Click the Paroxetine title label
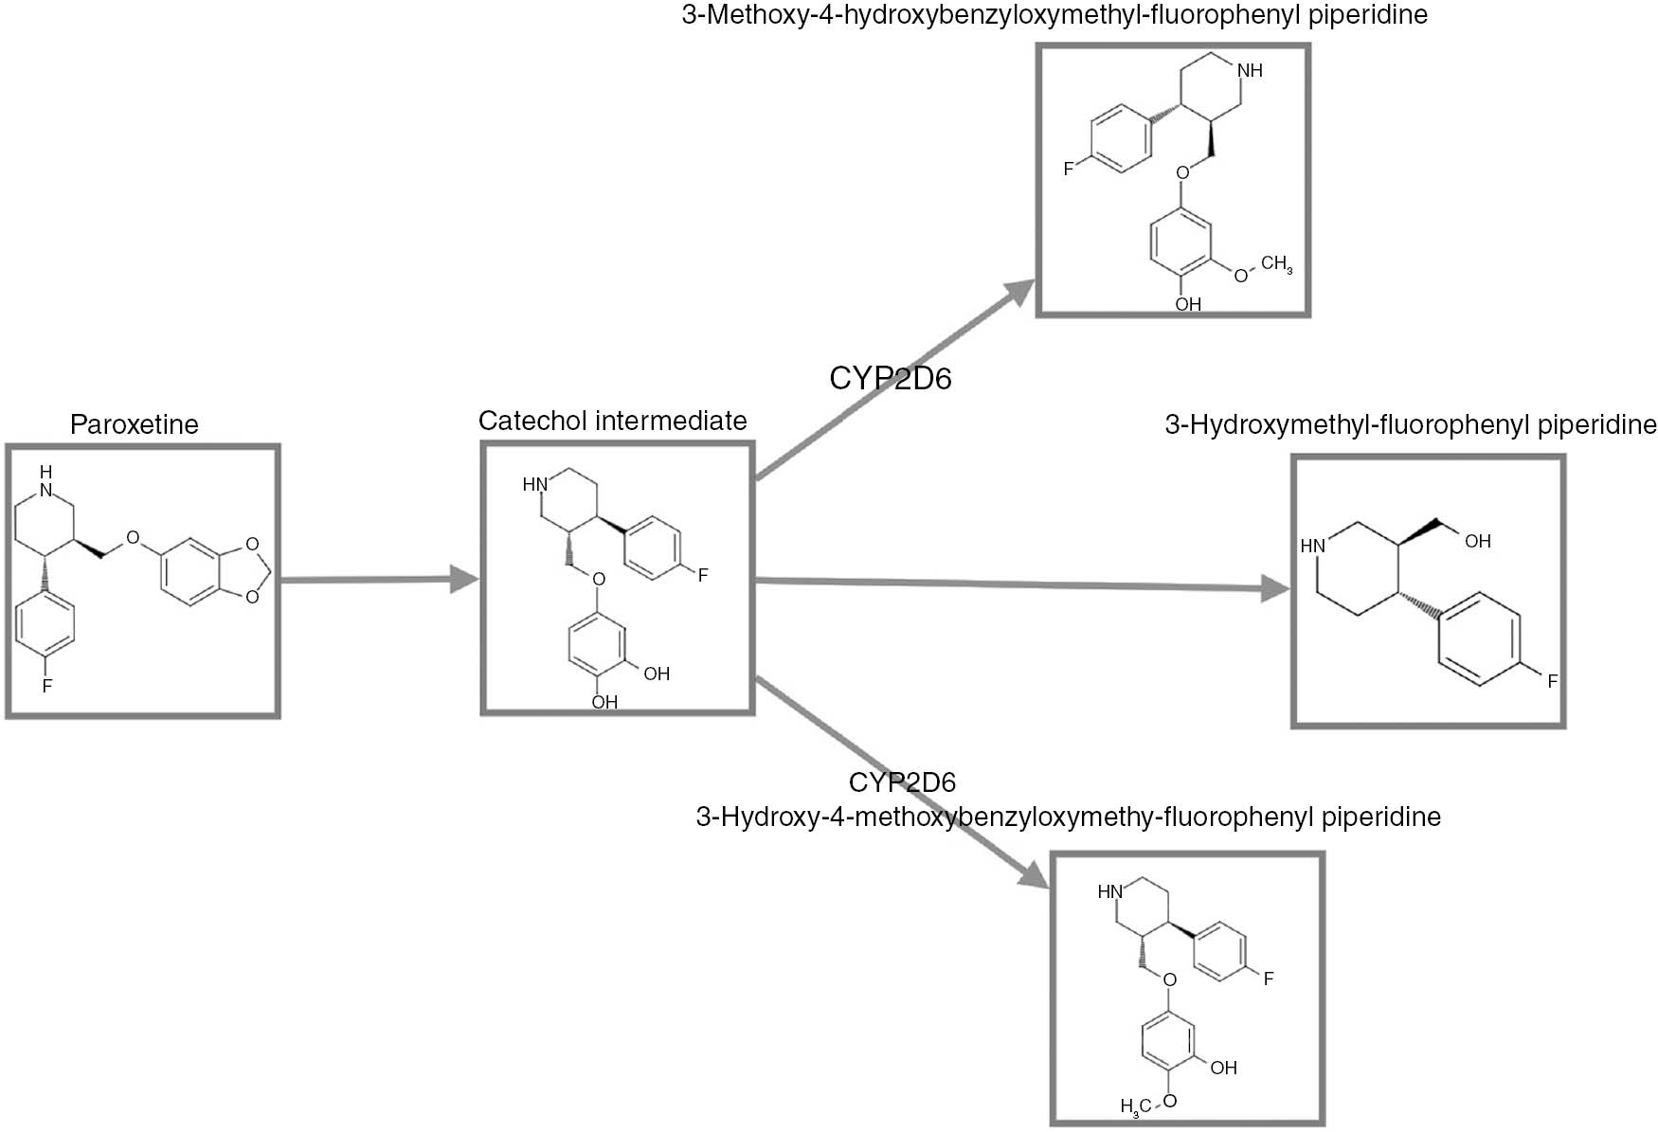[134, 424]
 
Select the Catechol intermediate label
[612, 421]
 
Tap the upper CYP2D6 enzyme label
[890, 378]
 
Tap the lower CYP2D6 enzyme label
[902, 782]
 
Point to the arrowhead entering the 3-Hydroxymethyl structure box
[1275, 590]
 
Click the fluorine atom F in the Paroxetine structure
[46, 685]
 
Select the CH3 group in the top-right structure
[1275, 263]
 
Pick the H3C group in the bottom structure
[1135, 1105]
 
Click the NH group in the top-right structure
[1250, 70]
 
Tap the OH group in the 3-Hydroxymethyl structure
[1477, 541]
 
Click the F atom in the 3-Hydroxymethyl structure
[1552, 681]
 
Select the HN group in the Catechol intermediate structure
[535, 484]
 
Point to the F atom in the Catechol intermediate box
[702, 575]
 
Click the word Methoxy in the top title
[748, 15]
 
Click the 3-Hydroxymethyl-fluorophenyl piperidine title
[1410, 424]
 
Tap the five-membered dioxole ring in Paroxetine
[248, 570]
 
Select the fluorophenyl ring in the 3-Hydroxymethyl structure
[1478, 639]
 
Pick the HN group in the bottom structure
[1109, 891]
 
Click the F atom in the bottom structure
[1268, 979]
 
